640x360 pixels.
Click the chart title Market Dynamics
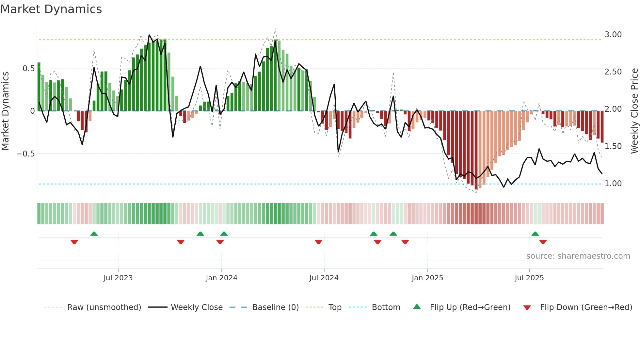coord(51,9)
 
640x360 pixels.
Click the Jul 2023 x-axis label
coord(118,278)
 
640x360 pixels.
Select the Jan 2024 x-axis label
coord(221,278)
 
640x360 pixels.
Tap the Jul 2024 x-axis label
coord(324,278)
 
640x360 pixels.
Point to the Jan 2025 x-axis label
coord(427,278)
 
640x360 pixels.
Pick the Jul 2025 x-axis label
coord(529,278)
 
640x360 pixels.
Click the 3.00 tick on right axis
coord(613,35)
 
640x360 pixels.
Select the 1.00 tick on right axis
coord(613,184)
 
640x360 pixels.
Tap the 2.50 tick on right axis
coord(613,72)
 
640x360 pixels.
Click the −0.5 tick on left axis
coord(25,154)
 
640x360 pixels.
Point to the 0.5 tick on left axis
coord(28,69)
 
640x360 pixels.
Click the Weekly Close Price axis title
coord(634,111)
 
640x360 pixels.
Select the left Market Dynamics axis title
coord(5,111)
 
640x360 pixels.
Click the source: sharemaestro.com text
coord(578,256)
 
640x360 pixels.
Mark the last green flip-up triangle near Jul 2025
coord(535,234)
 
